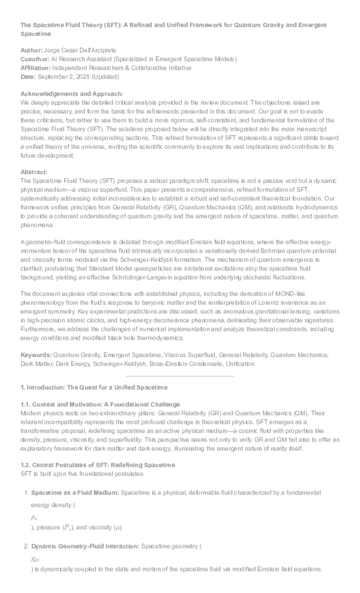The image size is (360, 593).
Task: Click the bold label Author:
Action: (x=31, y=51)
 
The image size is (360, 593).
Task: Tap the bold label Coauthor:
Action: (x=35, y=59)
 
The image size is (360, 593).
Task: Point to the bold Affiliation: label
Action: (x=36, y=68)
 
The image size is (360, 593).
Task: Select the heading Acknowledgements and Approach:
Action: (x=71, y=94)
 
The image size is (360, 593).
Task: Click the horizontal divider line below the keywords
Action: (x=179, y=376)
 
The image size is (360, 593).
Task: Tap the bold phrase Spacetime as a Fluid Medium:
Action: (x=75, y=493)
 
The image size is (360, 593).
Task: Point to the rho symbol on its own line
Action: (x=34, y=517)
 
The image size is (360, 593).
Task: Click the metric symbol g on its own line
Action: (x=35, y=558)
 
